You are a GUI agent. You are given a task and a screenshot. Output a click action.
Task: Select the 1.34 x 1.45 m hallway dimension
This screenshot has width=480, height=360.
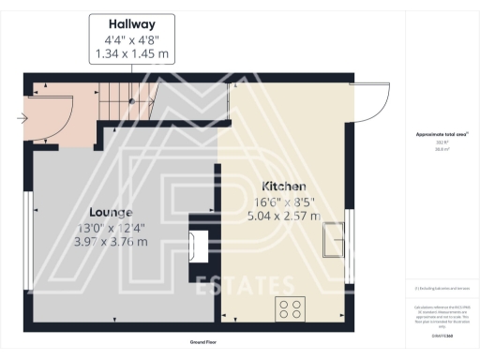point(131,54)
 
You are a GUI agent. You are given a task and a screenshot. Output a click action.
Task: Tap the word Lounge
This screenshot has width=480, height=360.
point(111,212)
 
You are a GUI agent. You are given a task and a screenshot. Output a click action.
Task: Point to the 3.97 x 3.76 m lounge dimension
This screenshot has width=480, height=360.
point(111,241)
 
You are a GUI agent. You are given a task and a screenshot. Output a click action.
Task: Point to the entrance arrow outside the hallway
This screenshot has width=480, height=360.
point(22,118)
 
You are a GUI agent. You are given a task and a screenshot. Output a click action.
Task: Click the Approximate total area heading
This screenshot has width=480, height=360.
point(442,134)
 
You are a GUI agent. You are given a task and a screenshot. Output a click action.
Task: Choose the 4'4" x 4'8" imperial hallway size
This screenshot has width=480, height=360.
point(131,40)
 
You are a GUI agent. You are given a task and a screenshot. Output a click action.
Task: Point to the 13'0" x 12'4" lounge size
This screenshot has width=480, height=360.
point(111,227)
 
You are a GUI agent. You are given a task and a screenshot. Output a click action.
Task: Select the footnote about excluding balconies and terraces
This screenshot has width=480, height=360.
point(442,288)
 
